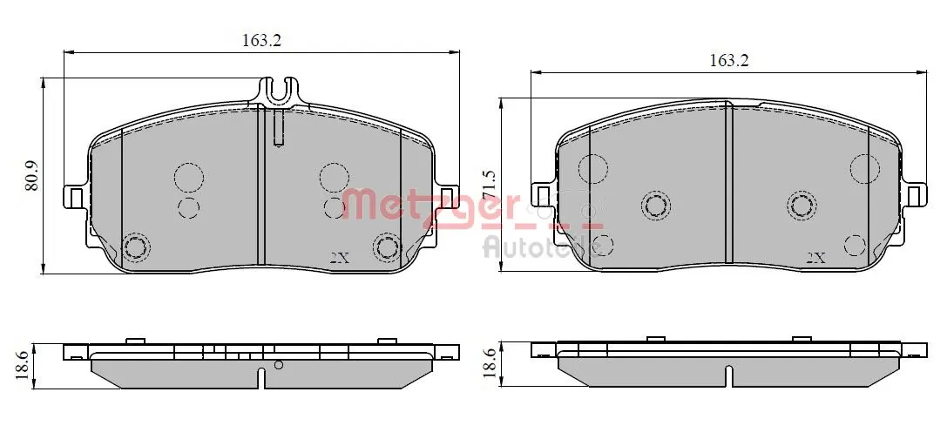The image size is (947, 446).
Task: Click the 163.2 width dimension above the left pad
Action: tap(261, 40)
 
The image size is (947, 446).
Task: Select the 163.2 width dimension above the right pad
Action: tap(729, 60)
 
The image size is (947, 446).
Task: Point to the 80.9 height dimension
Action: tap(32, 175)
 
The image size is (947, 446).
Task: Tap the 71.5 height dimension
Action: tap(489, 186)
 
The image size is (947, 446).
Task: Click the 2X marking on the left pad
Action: tap(340, 258)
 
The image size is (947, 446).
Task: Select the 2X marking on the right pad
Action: tap(815, 258)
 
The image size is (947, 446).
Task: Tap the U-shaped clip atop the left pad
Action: tap(279, 90)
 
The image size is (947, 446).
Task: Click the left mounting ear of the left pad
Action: tap(75, 198)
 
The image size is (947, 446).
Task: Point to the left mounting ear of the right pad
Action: tap(542, 195)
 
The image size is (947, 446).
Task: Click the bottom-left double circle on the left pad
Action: tap(135, 247)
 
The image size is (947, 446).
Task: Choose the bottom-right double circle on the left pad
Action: tap(386, 247)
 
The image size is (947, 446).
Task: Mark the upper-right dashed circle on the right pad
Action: tap(865, 168)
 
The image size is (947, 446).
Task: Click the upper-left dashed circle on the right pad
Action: tap(592, 168)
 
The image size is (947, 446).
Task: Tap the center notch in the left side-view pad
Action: tap(261, 378)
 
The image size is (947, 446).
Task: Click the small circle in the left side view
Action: tap(278, 365)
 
